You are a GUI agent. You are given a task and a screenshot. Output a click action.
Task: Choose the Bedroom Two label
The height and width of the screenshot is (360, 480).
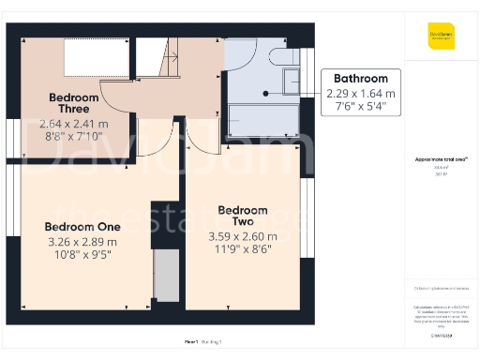243,217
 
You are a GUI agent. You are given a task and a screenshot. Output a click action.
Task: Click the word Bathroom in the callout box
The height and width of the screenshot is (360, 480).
361,80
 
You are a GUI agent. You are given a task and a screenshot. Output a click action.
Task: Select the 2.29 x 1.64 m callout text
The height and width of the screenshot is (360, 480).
361,94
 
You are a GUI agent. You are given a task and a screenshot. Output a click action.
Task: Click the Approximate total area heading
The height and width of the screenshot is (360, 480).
439,161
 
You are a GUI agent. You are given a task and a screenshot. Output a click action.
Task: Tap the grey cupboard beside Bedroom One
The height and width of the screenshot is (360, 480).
166,276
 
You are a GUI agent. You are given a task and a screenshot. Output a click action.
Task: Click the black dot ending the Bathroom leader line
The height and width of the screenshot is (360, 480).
265,94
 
